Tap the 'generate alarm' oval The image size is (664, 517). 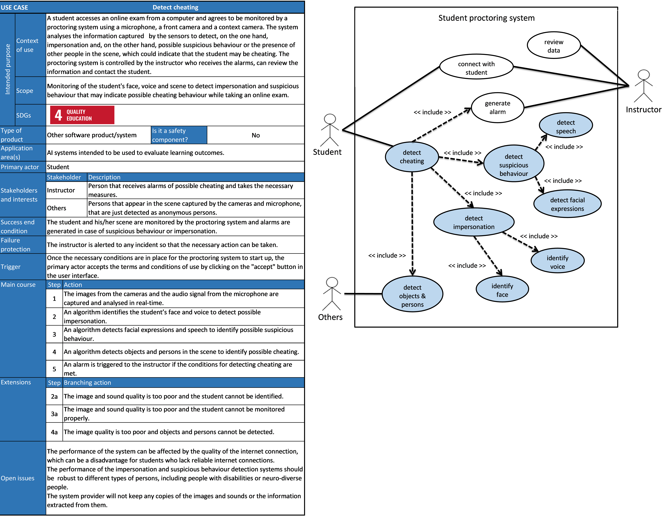pos(497,107)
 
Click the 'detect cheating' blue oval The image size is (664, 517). pos(412,157)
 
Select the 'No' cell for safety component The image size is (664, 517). pos(255,135)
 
